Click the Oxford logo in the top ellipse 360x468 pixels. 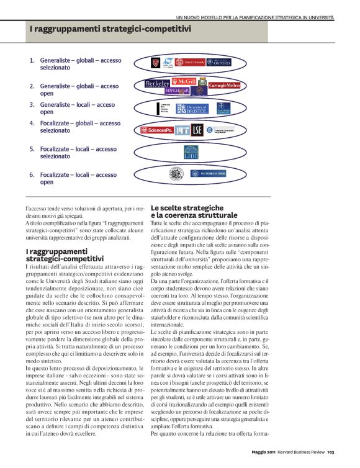(x=218, y=62)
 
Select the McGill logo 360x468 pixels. (x=184, y=81)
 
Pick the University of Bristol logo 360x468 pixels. (x=192, y=109)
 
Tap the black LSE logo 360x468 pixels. (x=197, y=130)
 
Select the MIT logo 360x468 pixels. (x=182, y=130)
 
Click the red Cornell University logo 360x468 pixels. (x=189, y=62)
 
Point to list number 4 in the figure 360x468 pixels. (x=32, y=124)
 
